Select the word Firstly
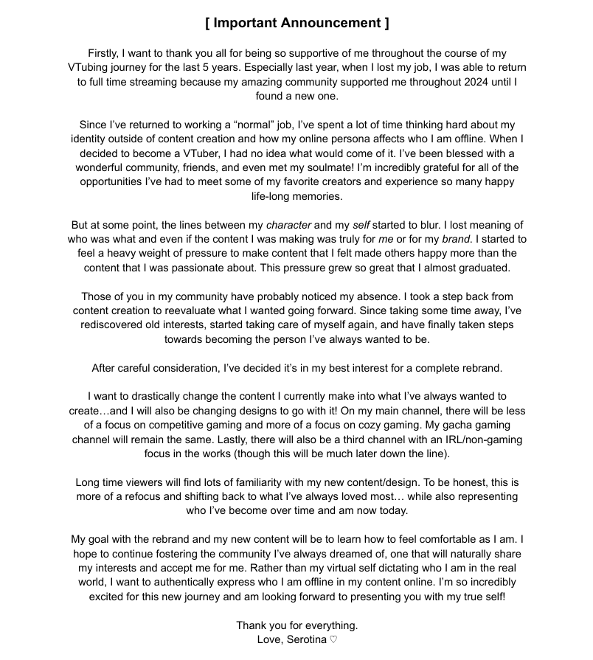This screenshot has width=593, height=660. [106, 54]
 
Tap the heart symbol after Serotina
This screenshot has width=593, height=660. [333, 639]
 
